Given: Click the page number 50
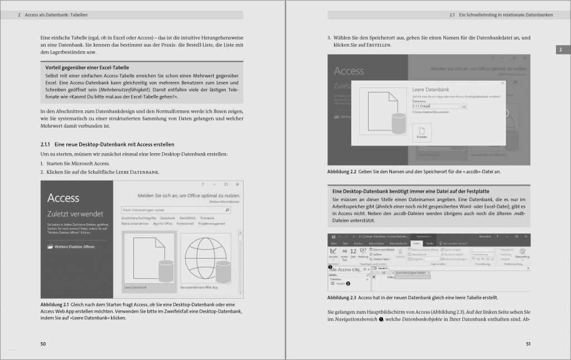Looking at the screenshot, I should (43, 344).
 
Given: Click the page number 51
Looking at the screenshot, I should (528, 344).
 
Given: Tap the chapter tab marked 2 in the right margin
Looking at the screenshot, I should (559, 50).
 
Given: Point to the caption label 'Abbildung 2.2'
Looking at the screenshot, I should (342, 172).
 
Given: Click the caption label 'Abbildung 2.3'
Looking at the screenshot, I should (342, 298).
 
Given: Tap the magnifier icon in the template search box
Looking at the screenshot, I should (227, 210).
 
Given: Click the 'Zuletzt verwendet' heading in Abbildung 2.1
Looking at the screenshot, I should (75, 213).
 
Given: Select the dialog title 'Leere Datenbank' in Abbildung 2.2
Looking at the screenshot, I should (430, 89).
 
